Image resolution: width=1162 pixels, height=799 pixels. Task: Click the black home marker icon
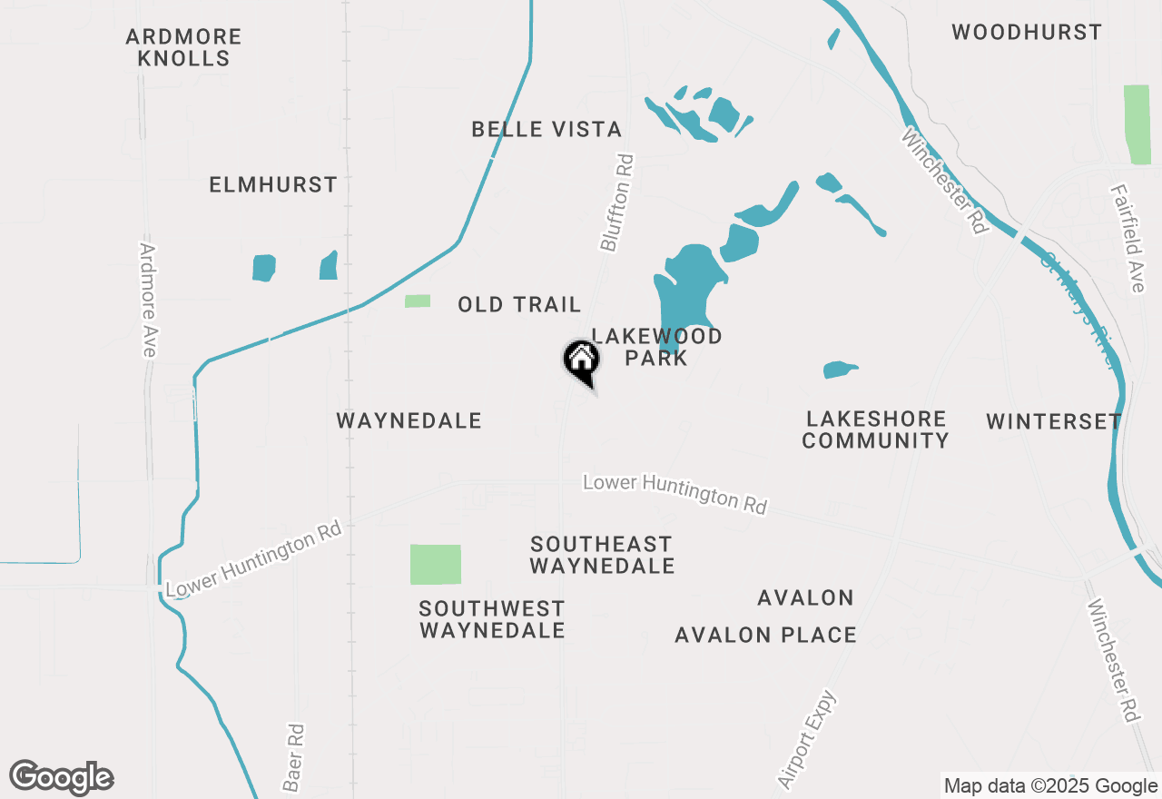click(x=582, y=360)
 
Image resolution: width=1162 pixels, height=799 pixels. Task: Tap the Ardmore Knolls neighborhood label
click(x=184, y=48)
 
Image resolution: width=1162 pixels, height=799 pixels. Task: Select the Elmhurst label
click(x=273, y=185)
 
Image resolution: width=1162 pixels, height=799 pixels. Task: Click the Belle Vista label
click(x=547, y=130)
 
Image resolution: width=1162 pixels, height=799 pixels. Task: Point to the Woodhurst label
click(x=1027, y=33)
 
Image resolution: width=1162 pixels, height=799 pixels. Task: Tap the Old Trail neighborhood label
click(x=519, y=304)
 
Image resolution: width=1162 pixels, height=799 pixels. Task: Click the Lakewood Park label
click(x=657, y=347)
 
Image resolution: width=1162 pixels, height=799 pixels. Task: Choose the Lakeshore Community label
click(x=875, y=429)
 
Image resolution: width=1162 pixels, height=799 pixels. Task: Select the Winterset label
click(x=1054, y=421)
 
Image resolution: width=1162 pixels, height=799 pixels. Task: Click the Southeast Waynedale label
click(x=602, y=555)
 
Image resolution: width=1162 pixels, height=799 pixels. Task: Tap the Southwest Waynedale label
click(x=492, y=619)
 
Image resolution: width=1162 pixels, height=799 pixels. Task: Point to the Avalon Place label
click(x=765, y=636)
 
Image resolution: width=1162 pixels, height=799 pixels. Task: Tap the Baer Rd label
click(x=292, y=756)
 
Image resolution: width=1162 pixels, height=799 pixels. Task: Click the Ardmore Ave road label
click(x=148, y=300)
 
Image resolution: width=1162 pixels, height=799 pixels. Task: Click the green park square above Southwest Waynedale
click(x=436, y=565)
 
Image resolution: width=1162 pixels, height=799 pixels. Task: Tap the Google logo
click(x=62, y=777)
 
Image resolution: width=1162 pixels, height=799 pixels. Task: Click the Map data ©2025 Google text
click(x=1050, y=786)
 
